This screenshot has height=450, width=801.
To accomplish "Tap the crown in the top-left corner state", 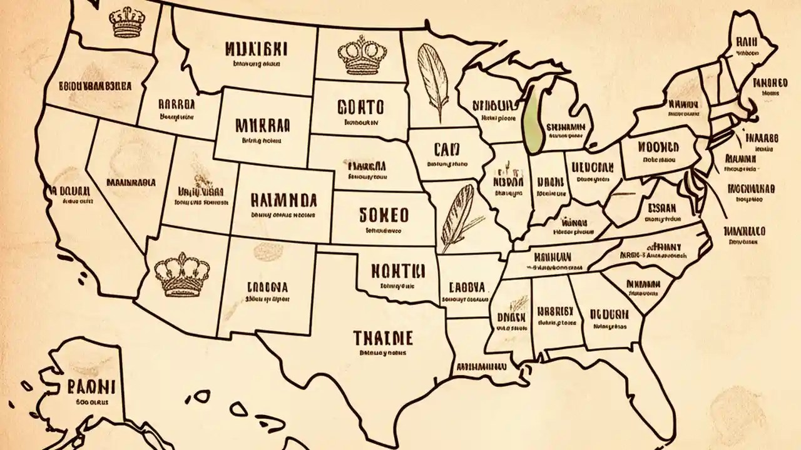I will [128, 22].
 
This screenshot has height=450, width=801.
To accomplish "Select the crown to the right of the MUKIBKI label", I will [359, 56].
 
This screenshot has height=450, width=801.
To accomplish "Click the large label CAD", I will [446, 149].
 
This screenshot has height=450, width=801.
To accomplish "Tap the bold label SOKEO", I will [384, 215].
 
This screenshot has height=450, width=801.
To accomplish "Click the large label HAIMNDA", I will [283, 199].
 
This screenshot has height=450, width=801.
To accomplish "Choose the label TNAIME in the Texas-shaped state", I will [382, 338].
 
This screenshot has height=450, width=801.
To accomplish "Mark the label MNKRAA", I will [262, 125].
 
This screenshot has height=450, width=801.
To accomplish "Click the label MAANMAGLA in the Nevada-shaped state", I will [131, 183].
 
